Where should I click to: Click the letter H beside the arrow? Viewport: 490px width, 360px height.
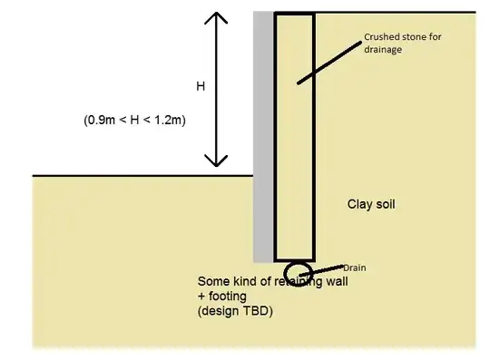pyautogui.click(x=201, y=86)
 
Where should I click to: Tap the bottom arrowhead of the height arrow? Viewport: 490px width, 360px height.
pyautogui.click(x=215, y=161)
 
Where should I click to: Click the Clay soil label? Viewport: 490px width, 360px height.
pyautogui.click(x=372, y=204)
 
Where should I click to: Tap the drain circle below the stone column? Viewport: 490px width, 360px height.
pyautogui.click(x=297, y=271)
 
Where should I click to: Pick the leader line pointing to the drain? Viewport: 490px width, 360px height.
pyautogui.click(x=326, y=268)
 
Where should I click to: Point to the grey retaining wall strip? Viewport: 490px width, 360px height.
pyautogui.click(x=263, y=136)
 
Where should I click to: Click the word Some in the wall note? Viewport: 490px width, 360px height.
pyautogui.click(x=214, y=281)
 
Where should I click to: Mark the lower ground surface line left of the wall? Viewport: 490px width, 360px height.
pyautogui.click(x=136, y=175)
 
